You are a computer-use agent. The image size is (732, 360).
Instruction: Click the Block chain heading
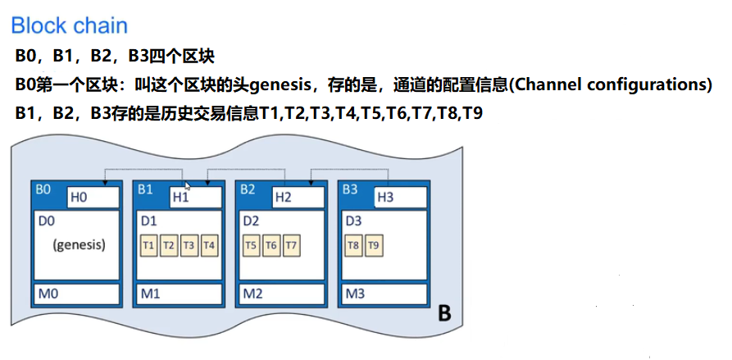pos(70,25)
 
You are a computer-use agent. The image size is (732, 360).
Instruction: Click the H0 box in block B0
pos(88,197)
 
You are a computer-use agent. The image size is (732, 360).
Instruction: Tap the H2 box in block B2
pos(298,197)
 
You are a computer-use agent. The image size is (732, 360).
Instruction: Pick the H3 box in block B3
pos(400,197)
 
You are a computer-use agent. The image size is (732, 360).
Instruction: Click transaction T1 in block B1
pos(149,244)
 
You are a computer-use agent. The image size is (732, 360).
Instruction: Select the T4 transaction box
pos(209,244)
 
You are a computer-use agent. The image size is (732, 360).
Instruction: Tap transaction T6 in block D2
pos(271,244)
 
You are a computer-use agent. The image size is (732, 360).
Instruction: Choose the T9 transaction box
pos(374,244)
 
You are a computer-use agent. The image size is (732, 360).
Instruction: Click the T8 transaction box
pos(354,244)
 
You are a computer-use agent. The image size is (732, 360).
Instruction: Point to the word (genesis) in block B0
pos(79,244)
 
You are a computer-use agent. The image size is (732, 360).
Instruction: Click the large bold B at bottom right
pos(444,313)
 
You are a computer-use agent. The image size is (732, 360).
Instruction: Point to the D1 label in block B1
pos(148,221)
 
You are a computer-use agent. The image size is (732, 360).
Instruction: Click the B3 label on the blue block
pos(350,189)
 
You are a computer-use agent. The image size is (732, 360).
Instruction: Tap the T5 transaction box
pos(252,244)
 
